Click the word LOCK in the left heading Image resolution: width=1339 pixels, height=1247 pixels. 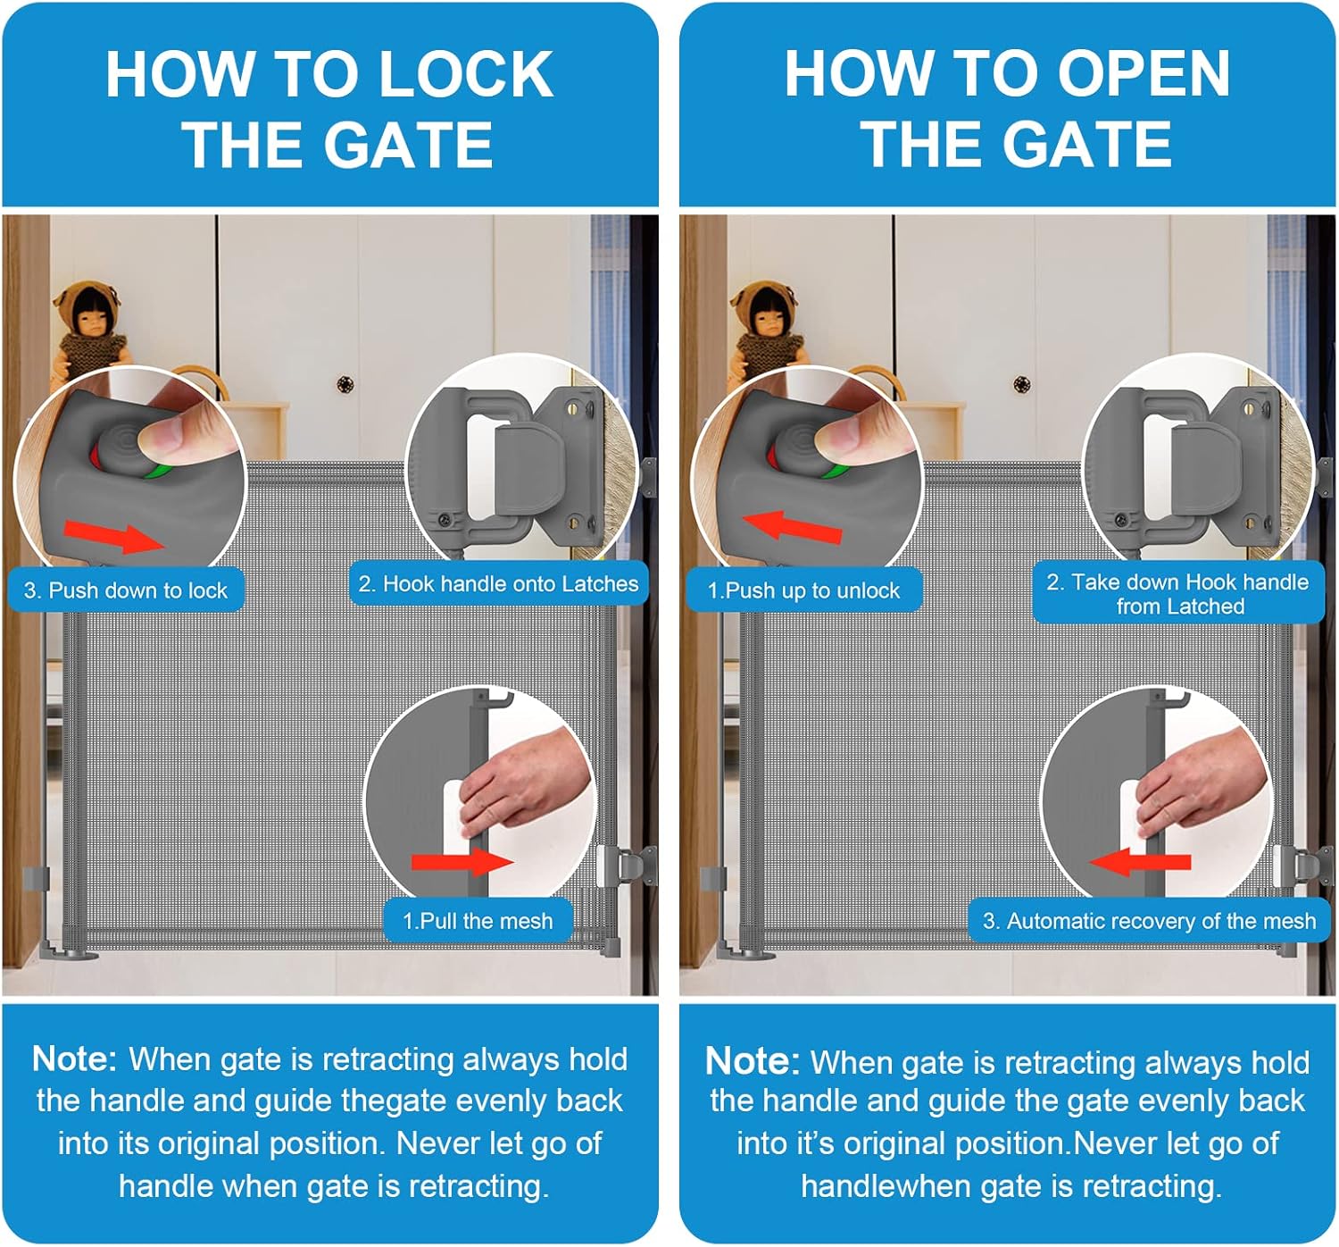[466, 74]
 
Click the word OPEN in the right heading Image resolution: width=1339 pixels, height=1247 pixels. [1144, 74]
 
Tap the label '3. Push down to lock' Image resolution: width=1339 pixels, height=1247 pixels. [126, 590]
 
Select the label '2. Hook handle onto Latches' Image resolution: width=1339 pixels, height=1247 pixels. [498, 583]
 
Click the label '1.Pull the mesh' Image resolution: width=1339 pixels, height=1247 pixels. [478, 920]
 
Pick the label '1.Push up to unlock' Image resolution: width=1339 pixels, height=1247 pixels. [803, 590]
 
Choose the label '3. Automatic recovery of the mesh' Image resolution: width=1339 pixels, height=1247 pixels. [1150, 920]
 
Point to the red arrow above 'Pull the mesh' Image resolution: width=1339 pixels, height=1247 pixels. [462, 862]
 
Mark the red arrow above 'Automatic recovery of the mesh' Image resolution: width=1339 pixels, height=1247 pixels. [1140, 862]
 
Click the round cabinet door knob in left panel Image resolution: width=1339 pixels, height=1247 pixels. [345, 385]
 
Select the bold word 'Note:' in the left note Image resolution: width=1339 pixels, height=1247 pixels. [74, 1059]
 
